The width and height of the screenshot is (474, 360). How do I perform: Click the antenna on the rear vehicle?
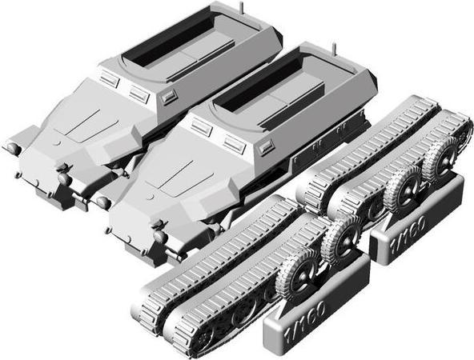point(239,6)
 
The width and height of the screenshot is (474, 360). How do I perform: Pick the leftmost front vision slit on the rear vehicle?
point(110,81)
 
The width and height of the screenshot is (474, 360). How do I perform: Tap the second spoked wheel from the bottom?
point(343,240)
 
